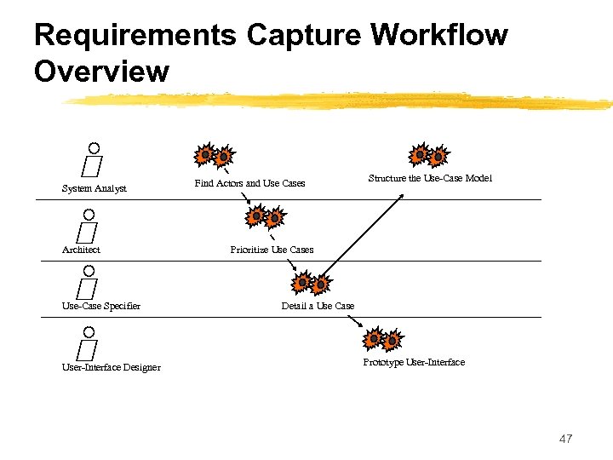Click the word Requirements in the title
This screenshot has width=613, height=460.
(x=135, y=36)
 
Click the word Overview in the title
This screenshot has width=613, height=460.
(x=101, y=72)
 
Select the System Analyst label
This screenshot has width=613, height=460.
(x=94, y=188)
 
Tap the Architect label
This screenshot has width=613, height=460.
(x=81, y=250)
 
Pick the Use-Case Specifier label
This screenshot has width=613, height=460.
(x=101, y=306)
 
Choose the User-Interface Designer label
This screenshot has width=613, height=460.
(x=111, y=367)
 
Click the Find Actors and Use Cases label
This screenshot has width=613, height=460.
(x=249, y=183)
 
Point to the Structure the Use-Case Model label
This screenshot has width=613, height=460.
(x=430, y=178)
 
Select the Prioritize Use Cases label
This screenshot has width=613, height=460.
(x=272, y=250)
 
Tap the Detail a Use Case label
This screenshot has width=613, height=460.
(x=318, y=306)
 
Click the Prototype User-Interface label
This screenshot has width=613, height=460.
(x=414, y=362)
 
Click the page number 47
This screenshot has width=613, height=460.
(x=565, y=439)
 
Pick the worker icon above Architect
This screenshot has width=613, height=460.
(x=87, y=223)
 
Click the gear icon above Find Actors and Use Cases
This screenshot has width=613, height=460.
(x=213, y=156)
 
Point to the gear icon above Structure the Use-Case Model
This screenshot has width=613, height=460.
(x=427, y=156)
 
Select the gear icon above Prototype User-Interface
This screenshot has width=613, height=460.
(x=382, y=340)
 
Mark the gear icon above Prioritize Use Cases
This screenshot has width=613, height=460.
(x=265, y=217)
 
